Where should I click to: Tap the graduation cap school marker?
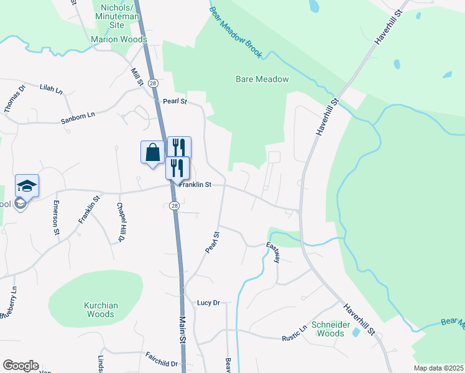pyautogui.click(x=27, y=185)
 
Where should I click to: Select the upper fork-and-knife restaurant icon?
pyautogui.click(x=179, y=147)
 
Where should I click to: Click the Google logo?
pyautogui.click(x=21, y=366)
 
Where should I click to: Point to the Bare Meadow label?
pyautogui.click(x=262, y=79)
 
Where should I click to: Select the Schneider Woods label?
pyautogui.click(x=328, y=329)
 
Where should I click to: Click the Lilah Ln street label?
pyautogui.click(x=52, y=90)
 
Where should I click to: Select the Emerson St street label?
pyautogui.click(x=56, y=218)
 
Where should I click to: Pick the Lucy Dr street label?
pyautogui.click(x=209, y=303)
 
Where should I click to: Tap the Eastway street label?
pyautogui.click(x=274, y=252)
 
